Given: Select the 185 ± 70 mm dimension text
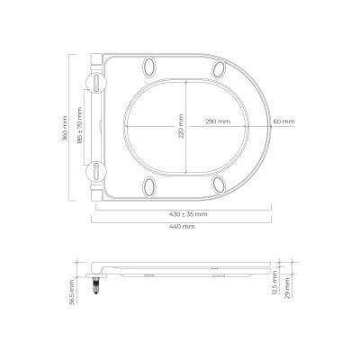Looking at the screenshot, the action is [x=80, y=126].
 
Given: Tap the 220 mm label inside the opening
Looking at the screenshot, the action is [x=181, y=126].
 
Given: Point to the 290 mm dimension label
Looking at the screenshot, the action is [x=218, y=121].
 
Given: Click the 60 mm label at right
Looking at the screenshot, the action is [x=283, y=121].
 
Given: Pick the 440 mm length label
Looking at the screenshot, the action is [x=182, y=227].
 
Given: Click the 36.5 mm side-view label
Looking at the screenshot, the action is [x=72, y=292].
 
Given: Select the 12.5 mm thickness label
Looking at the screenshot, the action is [x=274, y=283].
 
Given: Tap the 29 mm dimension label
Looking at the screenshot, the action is [x=287, y=288].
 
